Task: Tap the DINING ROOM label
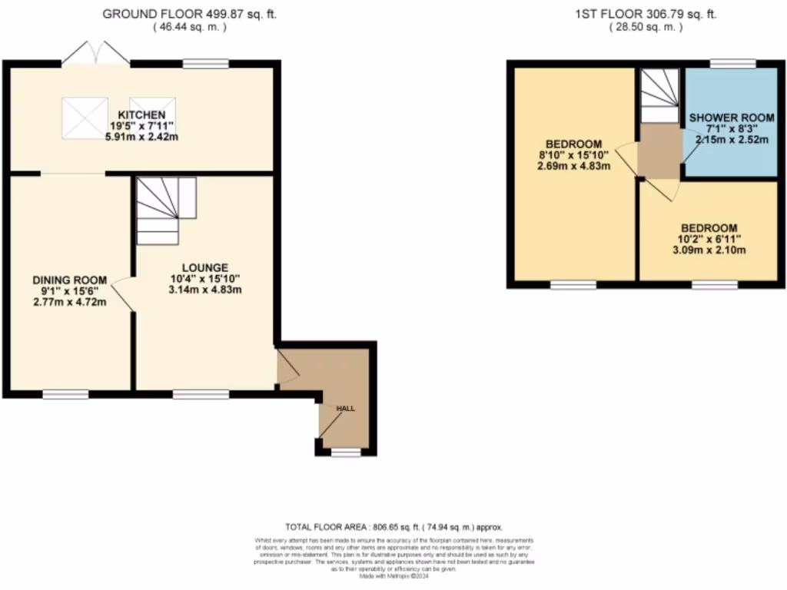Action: tap(69, 280)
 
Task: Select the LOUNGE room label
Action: tap(204, 267)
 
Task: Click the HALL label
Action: tap(346, 409)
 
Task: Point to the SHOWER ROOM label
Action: tap(731, 118)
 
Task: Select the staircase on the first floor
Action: tap(660, 95)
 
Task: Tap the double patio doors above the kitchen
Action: tap(96, 54)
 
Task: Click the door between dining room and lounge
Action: tap(123, 296)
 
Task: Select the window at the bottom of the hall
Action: tap(346, 452)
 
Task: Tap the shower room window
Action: tap(731, 64)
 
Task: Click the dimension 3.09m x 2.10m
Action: tap(709, 250)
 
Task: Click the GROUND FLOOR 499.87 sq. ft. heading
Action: tap(179, 14)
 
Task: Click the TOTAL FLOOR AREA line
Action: tap(393, 527)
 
